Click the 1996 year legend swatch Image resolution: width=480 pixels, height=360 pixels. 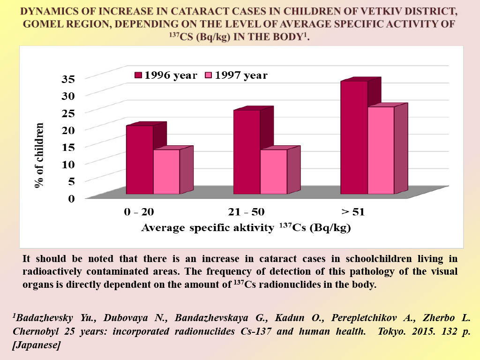tap(138, 75)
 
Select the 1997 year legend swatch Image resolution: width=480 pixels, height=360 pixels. tap(209, 75)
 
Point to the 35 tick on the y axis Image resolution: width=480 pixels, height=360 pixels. tap(68, 79)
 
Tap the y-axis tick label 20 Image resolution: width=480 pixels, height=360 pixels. tap(68, 130)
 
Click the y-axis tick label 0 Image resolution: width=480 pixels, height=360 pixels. tap(71, 198)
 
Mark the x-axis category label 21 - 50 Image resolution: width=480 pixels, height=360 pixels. tap(246, 211)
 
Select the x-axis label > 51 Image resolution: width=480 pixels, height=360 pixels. tap(353, 211)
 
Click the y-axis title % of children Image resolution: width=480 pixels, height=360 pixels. tap(39, 155)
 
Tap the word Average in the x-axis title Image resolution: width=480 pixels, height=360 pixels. tap(163, 228)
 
